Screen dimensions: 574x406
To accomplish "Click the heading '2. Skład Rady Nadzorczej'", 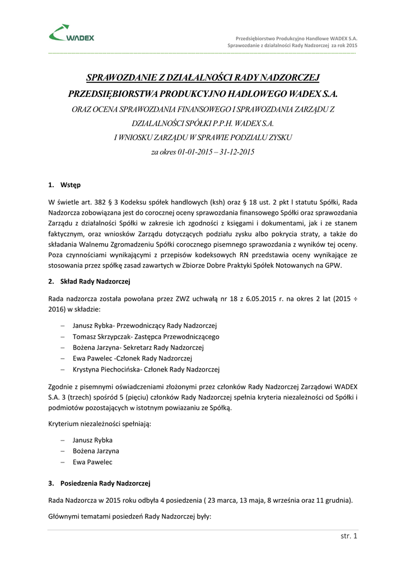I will click(89, 281).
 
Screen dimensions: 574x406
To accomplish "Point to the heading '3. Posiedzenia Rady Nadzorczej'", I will click(99, 483).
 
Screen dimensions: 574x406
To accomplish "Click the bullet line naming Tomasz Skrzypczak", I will click(146, 337).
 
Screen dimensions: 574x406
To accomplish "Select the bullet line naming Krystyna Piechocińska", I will click(146, 369).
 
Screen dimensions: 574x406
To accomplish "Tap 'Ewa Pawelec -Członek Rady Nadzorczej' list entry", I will click(132, 358).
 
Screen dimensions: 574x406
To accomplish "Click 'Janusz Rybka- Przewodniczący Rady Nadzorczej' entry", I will click(144, 326).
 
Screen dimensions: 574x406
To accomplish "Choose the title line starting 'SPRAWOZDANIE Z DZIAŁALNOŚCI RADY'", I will click(202, 77).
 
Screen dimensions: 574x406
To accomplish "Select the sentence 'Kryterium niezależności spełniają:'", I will click(100, 424).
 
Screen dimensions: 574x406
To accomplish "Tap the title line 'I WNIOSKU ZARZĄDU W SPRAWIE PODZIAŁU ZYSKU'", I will click(203, 137).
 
